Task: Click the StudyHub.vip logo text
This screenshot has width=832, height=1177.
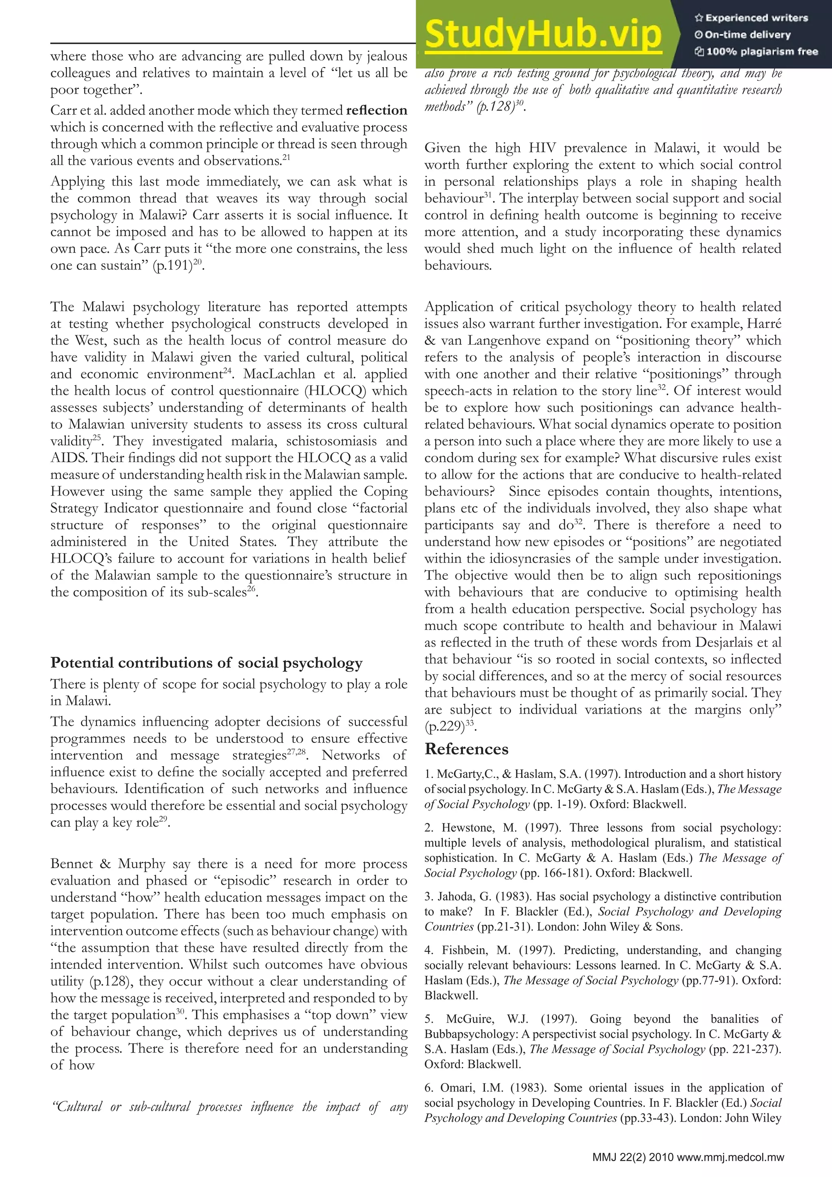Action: point(543,35)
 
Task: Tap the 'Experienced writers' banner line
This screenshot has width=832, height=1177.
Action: point(751,18)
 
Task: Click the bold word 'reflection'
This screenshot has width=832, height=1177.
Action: point(377,110)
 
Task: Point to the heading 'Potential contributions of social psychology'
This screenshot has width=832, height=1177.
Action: point(206,663)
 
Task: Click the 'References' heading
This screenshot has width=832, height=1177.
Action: point(466,749)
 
